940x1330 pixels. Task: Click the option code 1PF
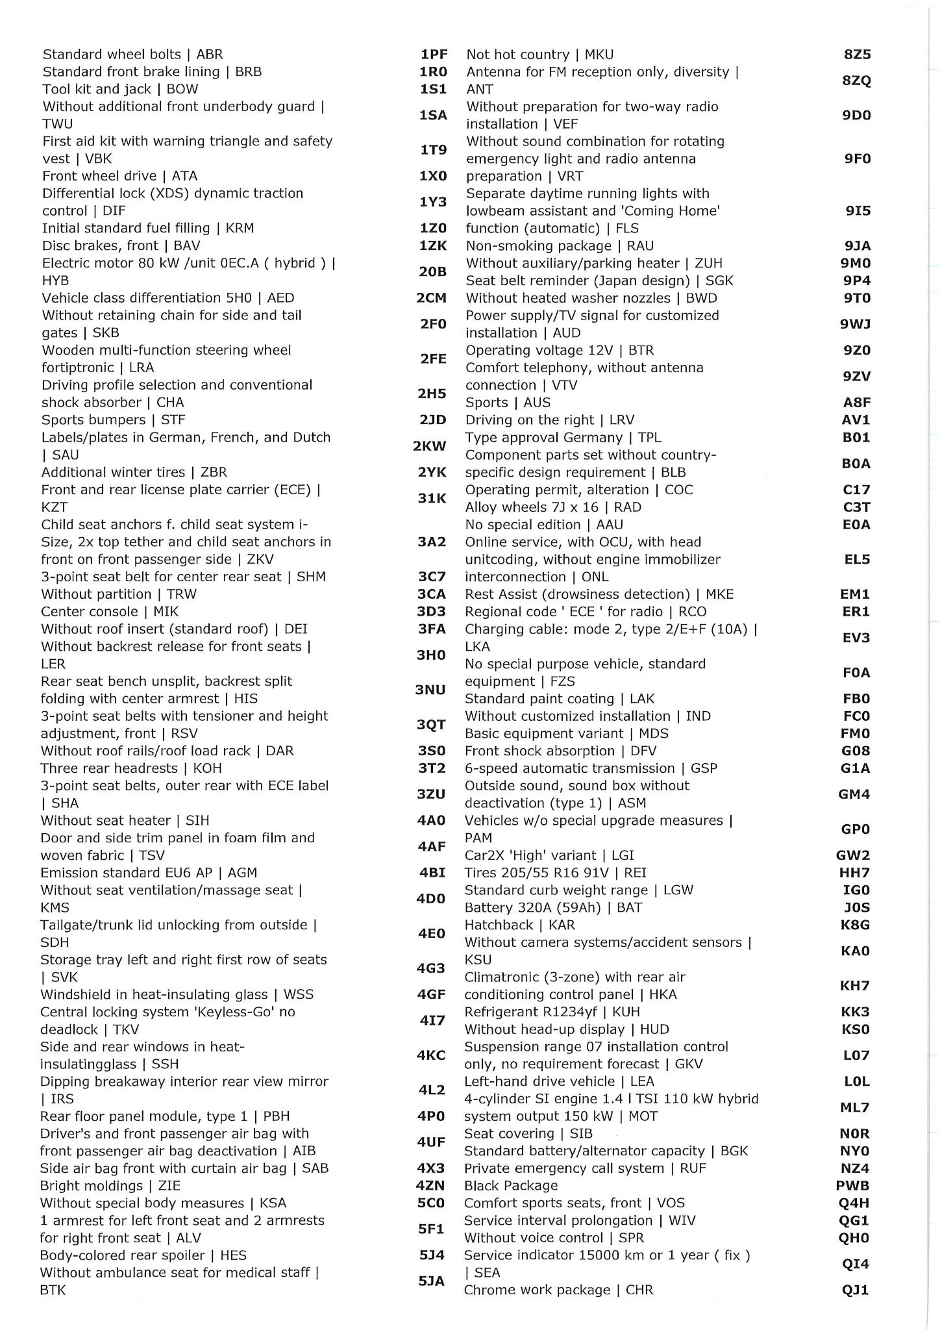[434, 55]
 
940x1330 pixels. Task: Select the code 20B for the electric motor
[432, 271]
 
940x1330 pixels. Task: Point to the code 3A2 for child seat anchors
[432, 542]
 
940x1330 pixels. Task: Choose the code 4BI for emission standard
[432, 872]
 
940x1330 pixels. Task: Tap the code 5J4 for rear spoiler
[432, 1255]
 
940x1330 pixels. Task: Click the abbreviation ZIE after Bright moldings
[169, 1185]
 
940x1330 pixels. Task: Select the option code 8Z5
[857, 55]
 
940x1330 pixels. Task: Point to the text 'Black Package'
[511, 1185]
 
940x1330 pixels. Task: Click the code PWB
[853, 1185]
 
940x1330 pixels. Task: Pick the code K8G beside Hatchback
[855, 924]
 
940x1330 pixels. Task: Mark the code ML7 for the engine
[854, 1107]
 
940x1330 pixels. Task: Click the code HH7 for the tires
[854, 872]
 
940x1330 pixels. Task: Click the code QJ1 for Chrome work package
[855, 1290]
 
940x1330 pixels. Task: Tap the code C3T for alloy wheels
[856, 507]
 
